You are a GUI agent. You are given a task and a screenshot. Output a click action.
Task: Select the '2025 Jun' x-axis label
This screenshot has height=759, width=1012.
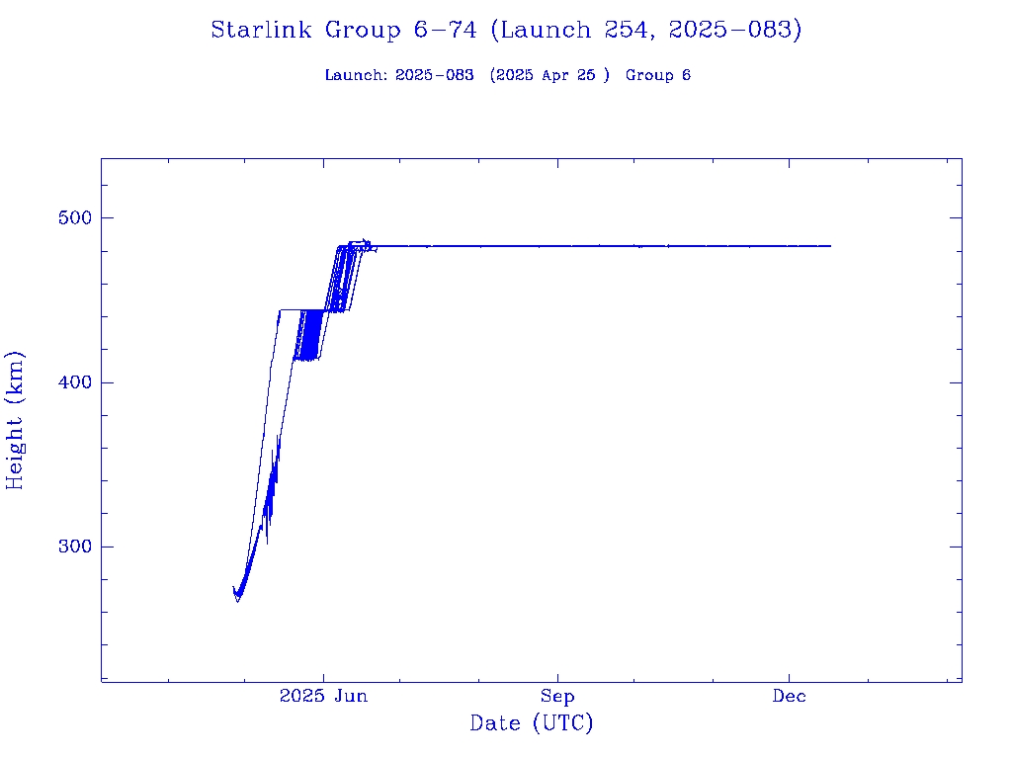pos(323,696)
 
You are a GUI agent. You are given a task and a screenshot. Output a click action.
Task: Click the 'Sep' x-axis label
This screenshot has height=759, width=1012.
pos(557,696)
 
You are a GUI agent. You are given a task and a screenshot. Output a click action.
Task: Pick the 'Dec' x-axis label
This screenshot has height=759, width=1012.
pos(790,696)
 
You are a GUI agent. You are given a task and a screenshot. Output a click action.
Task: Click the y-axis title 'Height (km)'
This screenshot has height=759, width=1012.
pos(16,420)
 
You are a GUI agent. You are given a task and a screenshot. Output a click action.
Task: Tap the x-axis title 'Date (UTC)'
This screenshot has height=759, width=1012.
pos(532,723)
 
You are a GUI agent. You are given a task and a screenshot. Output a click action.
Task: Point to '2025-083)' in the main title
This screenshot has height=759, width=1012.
pos(734,30)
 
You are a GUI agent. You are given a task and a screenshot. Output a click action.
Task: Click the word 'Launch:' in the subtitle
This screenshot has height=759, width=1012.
pos(356,75)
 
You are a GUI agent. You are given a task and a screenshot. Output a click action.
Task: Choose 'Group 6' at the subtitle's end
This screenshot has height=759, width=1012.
pos(658,75)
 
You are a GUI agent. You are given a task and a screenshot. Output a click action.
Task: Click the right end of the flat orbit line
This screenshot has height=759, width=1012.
pos(830,245)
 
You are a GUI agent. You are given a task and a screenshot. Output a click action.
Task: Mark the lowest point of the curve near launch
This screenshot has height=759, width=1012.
pos(237,601)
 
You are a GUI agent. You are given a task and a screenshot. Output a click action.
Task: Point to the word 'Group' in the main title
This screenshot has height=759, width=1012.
pos(360,30)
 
